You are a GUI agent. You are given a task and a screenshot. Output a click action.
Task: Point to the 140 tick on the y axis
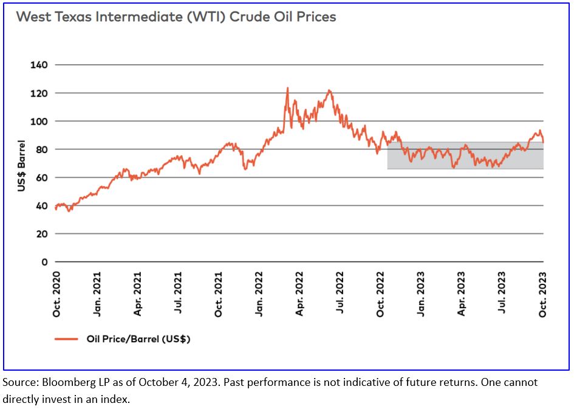(40, 64)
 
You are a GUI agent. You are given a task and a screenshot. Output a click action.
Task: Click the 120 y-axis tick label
(40, 93)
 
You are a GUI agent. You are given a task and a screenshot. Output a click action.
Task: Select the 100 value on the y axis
(40, 121)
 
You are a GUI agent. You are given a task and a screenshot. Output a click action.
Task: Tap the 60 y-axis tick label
(43, 177)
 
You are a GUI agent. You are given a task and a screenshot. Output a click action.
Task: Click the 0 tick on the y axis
(45, 262)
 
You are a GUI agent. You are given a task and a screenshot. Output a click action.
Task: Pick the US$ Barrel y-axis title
(21, 165)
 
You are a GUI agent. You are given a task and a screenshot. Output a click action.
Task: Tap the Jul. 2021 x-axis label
(178, 294)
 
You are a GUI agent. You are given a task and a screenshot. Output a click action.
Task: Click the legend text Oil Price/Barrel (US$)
(138, 339)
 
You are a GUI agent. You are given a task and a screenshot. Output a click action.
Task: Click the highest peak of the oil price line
(287, 88)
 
